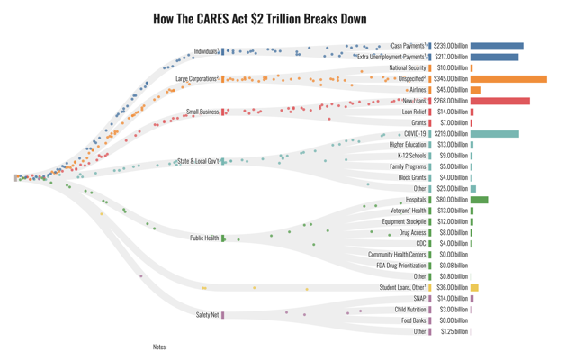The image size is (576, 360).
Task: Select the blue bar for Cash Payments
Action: pyautogui.click(x=497, y=46)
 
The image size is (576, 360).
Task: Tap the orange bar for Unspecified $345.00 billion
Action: pyautogui.click(x=508, y=79)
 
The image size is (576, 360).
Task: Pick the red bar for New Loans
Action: pyautogui.click(x=500, y=101)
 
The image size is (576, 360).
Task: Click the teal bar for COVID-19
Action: pyautogui.click(x=494, y=134)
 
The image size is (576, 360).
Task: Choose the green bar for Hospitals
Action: pyautogui.click(x=479, y=200)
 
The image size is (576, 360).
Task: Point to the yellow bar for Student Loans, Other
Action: pyautogui.click(x=474, y=288)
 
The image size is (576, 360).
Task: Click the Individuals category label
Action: pyautogui.click(x=206, y=51)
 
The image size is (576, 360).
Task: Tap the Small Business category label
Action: pyautogui.click(x=202, y=112)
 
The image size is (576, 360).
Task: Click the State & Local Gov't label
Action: pyautogui.click(x=198, y=162)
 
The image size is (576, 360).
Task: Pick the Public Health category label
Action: pyautogui.click(x=204, y=238)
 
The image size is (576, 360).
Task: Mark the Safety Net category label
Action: pyautogui.click(x=207, y=315)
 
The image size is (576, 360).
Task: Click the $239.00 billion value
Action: pyautogui.click(x=451, y=46)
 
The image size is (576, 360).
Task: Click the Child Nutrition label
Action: pyautogui.click(x=410, y=310)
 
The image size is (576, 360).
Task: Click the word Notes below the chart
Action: pyautogui.click(x=160, y=346)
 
